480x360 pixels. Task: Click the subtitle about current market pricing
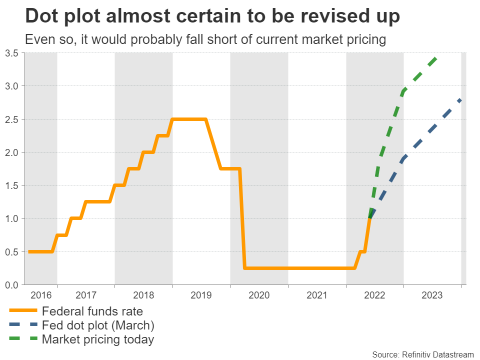tap(205, 40)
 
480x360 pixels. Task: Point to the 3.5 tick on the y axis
tap(11, 53)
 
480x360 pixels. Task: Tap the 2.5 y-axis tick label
tap(11, 119)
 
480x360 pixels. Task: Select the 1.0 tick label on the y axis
tap(11, 218)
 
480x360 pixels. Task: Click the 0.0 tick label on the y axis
tap(11, 284)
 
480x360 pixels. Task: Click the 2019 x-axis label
tap(201, 295)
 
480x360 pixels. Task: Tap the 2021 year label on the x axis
tap(317, 295)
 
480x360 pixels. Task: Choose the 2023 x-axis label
tap(432, 295)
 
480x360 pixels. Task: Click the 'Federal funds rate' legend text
tap(92, 311)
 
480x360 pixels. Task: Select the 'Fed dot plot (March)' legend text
tap(98, 325)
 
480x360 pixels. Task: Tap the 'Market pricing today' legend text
tap(98, 340)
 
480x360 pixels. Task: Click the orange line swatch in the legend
tap(22, 311)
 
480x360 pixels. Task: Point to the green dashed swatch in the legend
tap(22, 340)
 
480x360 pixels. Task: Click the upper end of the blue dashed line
tap(460, 100)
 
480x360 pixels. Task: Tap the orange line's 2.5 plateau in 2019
tap(189, 119)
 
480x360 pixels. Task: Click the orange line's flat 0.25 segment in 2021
tap(317, 268)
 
